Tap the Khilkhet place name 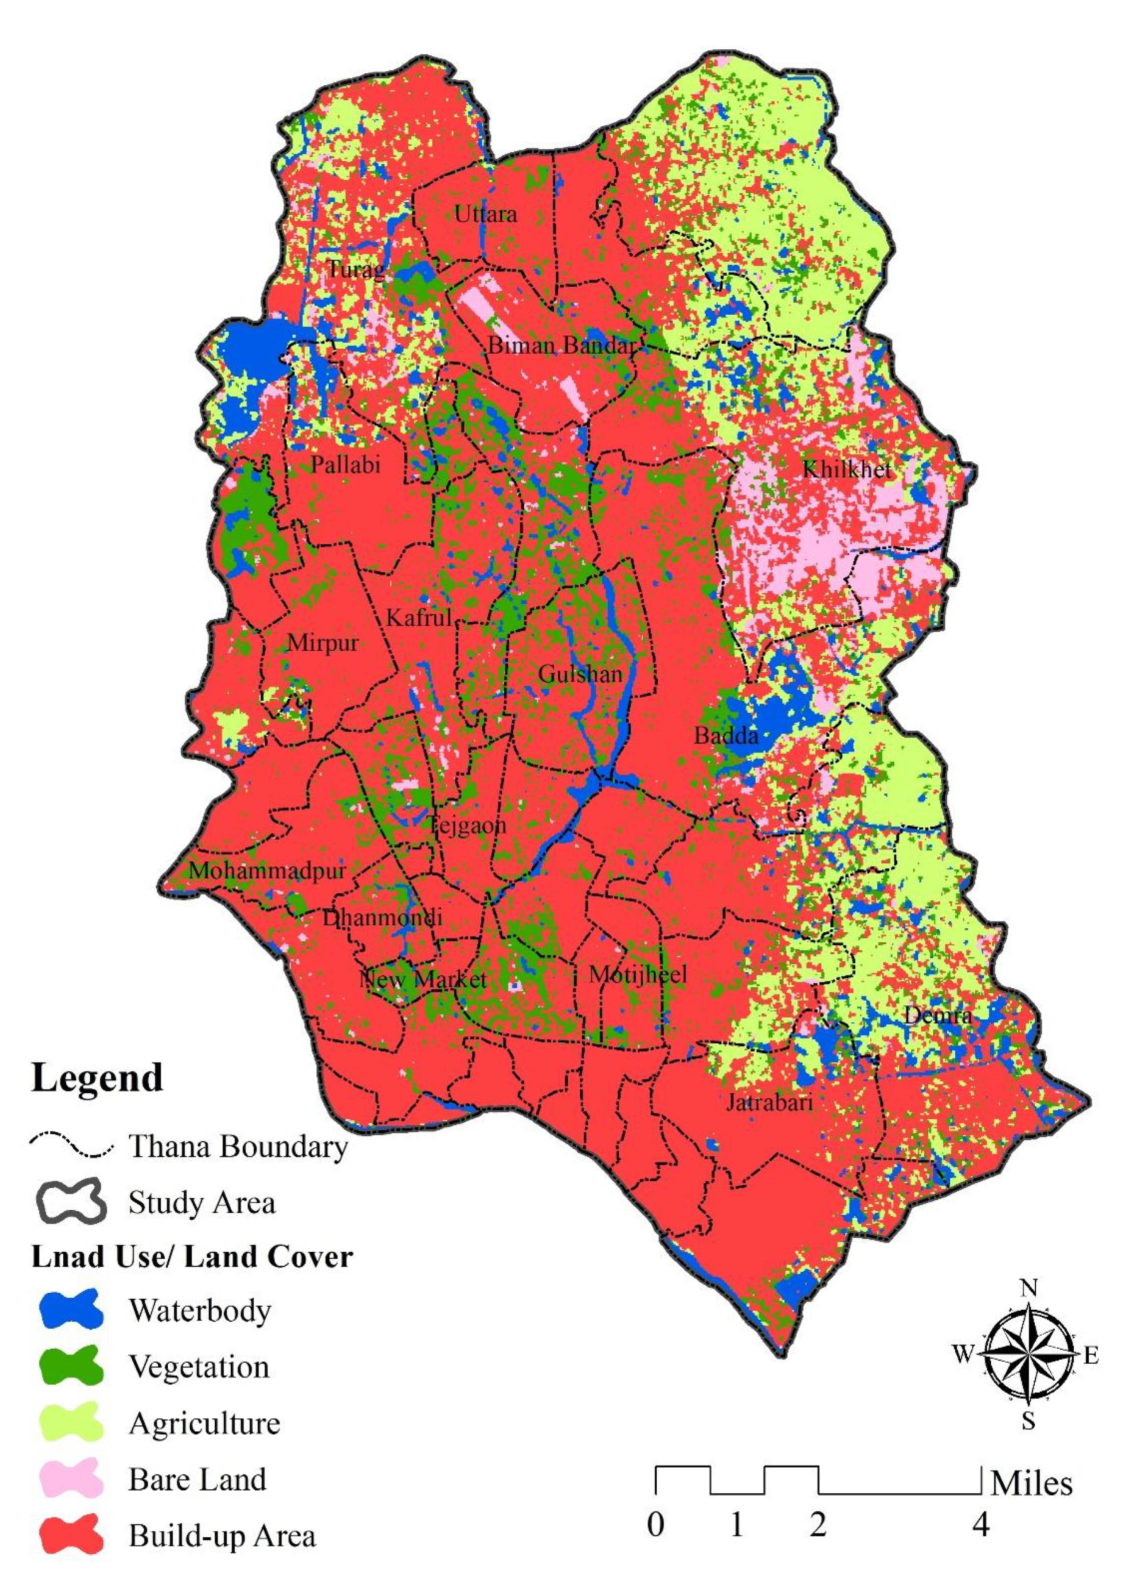(x=846, y=469)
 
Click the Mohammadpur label (x=267, y=870)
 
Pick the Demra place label (x=938, y=1015)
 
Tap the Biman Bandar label (x=561, y=345)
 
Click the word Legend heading (x=97, y=1078)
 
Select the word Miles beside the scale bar (x=1031, y=1483)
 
